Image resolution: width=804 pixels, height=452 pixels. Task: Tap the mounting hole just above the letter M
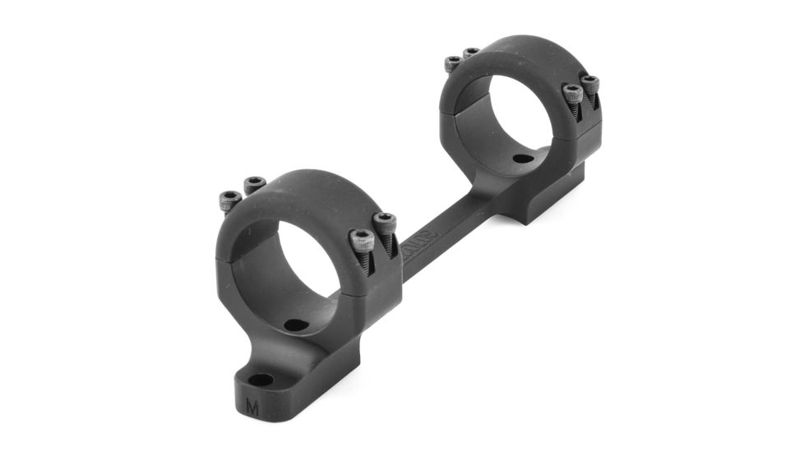pos(261,380)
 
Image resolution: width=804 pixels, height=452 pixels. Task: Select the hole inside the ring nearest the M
pos(296,325)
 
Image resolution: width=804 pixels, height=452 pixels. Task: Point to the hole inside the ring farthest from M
pos(521,159)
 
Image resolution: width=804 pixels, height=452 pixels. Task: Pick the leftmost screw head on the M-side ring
pos(229,198)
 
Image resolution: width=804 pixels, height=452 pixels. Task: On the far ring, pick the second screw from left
pos(471,54)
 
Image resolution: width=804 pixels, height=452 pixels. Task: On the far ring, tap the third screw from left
pos(573,93)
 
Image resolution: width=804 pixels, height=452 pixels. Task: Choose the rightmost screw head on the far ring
pos(590,83)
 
